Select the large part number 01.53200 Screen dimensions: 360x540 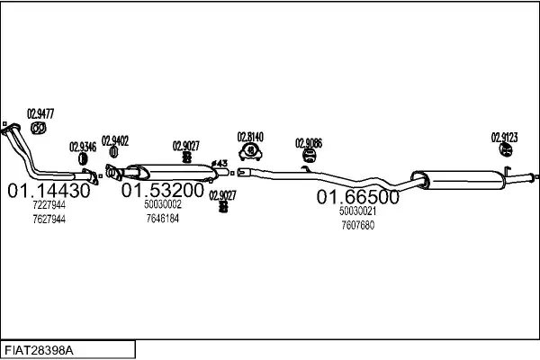click(163, 191)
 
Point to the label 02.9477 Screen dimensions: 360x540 click(40, 113)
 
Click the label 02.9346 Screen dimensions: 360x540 click(83, 146)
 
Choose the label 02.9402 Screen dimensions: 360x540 click(114, 140)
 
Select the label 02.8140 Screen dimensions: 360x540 click(250, 137)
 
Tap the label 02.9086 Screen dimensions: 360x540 click(309, 142)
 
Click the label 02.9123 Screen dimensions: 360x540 click(504, 138)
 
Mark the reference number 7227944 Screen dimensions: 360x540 click(49, 205)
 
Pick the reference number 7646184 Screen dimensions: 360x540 click(162, 218)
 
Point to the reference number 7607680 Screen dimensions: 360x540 click(357, 225)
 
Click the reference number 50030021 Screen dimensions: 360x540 click(357, 211)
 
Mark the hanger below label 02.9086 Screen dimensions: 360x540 click(308, 159)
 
